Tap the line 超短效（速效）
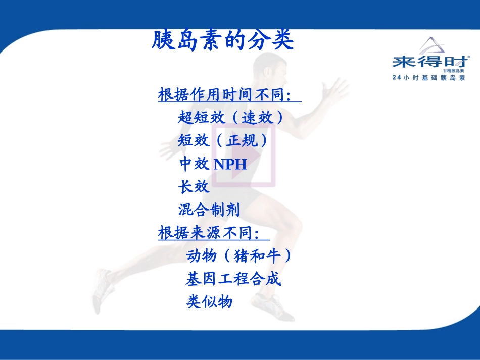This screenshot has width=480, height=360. coord(230,118)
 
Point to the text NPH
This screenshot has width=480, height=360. coord(230,164)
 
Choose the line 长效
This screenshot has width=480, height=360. coord(194,187)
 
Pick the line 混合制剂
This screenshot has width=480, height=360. coord(209,210)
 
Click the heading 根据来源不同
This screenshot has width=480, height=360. coord(208,233)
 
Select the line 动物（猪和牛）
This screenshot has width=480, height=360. coord(239,256)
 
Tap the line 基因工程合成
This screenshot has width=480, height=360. coord(233,279)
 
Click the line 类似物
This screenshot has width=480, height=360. coord(210,301)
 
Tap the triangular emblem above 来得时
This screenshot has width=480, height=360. coord(430,45)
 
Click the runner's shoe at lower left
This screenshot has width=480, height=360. coord(103,291)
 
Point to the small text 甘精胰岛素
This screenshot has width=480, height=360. coord(453,71)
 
